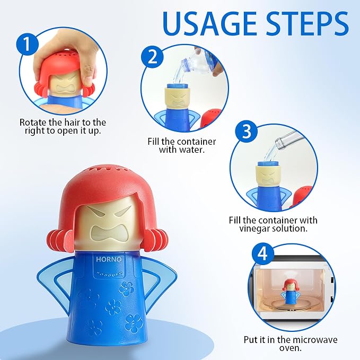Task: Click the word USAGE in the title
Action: click(x=209, y=23)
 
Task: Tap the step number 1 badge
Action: click(x=27, y=44)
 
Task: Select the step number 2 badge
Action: click(x=152, y=57)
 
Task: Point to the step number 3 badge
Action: click(x=247, y=131)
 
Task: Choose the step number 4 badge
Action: click(x=263, y=254)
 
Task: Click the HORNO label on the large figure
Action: click(x=109, y=259)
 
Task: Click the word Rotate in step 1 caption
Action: click(x=34, y=122)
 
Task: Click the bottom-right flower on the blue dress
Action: click(x=134, y=324)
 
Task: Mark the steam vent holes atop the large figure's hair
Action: click(x=110, y=170)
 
